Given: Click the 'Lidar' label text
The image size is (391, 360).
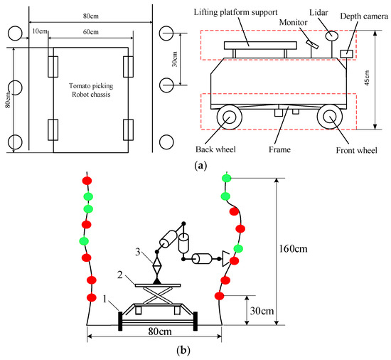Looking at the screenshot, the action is (x=318, y=13).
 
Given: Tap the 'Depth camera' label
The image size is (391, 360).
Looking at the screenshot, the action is (x=364, y=16).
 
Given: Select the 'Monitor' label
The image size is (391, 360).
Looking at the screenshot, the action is (x=293, y=23).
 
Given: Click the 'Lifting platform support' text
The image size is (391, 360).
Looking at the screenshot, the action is (x=235, y=12).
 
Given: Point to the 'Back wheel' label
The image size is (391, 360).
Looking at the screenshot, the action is (x=215, y=149).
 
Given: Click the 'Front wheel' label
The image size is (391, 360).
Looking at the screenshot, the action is (x=357, y=150).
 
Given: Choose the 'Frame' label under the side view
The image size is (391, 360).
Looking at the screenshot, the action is (x=279, y=149).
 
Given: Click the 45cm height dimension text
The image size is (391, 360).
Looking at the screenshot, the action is (x=368, y=78).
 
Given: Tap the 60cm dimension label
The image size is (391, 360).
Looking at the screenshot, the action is (x=91, y=32).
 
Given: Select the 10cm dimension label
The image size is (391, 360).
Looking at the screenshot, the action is (x=40, y=31).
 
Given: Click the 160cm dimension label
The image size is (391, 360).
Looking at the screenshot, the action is (x=293, y=249).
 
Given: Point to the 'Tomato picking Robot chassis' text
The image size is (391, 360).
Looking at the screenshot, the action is (x=91, y=90).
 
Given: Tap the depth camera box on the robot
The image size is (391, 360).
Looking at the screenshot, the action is (x=347, y=54).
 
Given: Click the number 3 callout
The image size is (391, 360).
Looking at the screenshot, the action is (x=138, y=252).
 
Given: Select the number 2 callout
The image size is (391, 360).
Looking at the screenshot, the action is (x=120, y=275).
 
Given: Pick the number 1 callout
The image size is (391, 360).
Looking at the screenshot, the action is (x=105, y=299).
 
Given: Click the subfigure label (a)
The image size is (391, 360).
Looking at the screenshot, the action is (x=200, y=165).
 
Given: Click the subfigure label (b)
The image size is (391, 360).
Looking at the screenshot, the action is (x=183, y=350).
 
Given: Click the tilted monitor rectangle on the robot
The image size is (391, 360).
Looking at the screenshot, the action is (x=313, y=44).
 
